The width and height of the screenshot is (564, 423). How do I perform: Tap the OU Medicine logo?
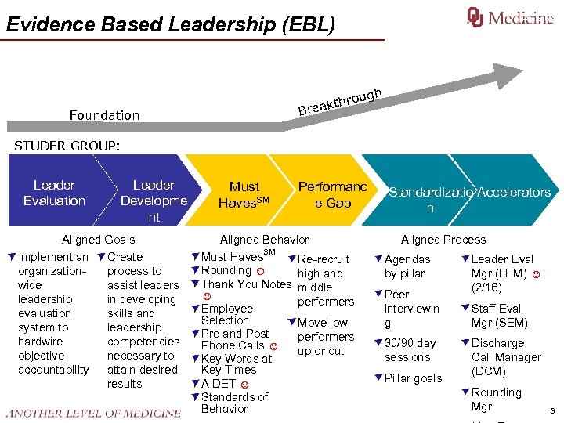tap(510, 17)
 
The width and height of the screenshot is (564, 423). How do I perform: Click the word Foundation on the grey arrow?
tap(104, 115)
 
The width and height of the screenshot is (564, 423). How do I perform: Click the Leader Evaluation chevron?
tap(54, 193)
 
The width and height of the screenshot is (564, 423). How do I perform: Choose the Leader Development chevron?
tap(154, 201)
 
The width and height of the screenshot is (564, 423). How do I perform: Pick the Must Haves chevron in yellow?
tap(244, 194)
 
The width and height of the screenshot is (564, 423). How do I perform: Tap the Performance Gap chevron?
tap(332, 194)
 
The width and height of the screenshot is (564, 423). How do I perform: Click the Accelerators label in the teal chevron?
tap(514, 192)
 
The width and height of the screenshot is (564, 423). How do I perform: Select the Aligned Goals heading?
tap(98, 240)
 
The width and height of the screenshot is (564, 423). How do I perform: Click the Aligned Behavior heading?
tap(264, 240)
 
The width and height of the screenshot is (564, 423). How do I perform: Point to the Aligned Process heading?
tap(443, 240)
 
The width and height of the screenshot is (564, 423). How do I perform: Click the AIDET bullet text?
tap(219, 384)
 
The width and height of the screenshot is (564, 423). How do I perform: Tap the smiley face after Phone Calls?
tap(273, 346)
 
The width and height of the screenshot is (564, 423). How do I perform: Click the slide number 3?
tap(552, 410)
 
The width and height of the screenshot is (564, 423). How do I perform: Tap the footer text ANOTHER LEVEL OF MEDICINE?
tap(92, 413)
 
